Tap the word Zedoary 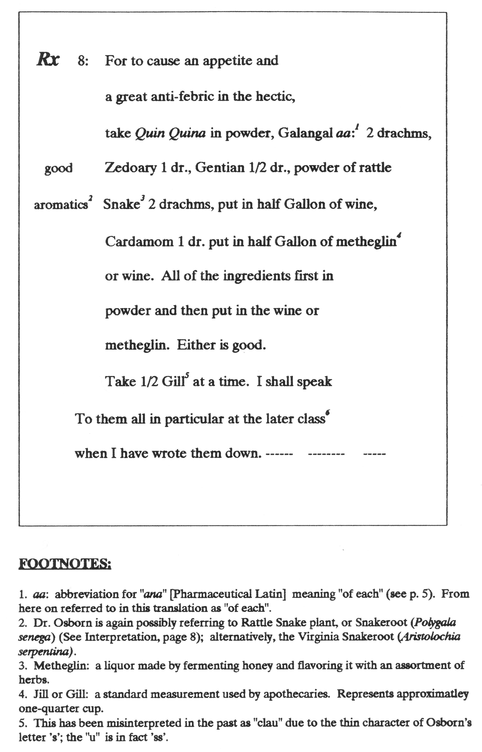[131, 168]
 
